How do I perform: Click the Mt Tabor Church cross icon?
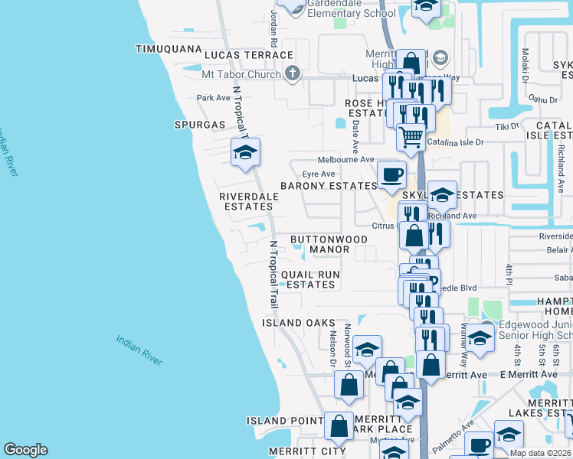pyautogui.click(x=291, y=73)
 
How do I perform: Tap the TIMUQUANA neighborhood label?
pyautogui.click(x=166, y=48)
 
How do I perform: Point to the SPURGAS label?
pyautogui.click(x=200, y=124)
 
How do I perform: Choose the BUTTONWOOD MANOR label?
pyautogui.click(x=329, y=244)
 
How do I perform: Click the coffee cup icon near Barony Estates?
pyautogui.click(x=391, y=174)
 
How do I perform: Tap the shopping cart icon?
pyautogui.click(x=411, y=137)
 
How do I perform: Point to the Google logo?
pyautogui.click(x=25, y=450)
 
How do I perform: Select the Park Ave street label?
pyautogui.click(x=213, y=98)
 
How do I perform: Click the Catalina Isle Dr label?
pyautogui.click(x=456, y=142)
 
